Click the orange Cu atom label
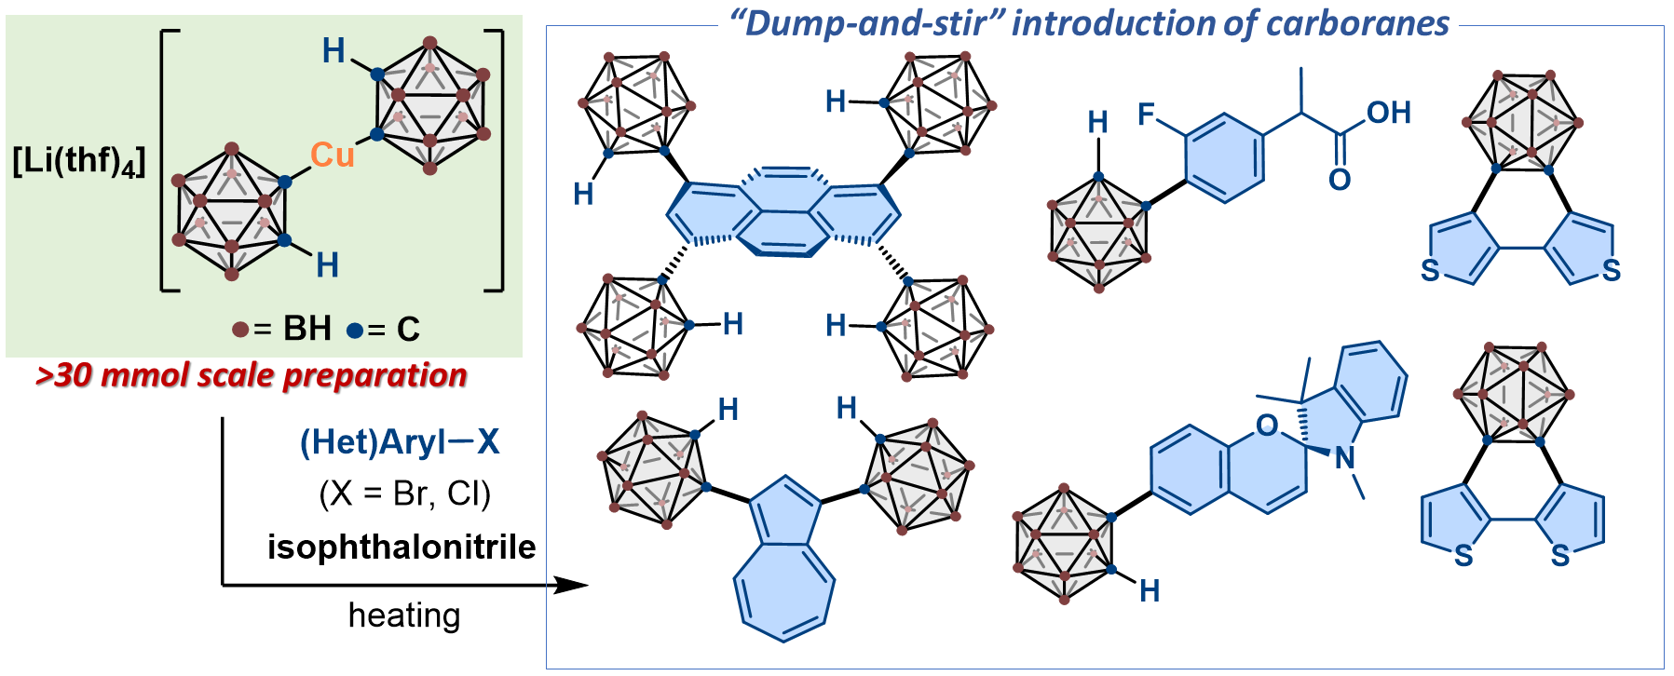tap(332, 155)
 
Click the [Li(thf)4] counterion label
tap(79, 161)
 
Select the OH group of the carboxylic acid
tap(1388, 113)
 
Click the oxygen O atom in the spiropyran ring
tap(1266, 426)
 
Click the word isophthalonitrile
tap(401, 547)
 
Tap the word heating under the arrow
tap(404, 615)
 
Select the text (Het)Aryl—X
tap(400, 441)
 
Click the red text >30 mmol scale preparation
tap(251, 375)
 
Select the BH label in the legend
tap(306, 329)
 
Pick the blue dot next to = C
tap(354, 330)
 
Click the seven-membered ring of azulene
tap(783, 591)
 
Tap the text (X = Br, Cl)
tap(404, 493)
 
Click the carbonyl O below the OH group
tap(1340, 180)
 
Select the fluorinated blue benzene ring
tap(1225, 158)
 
